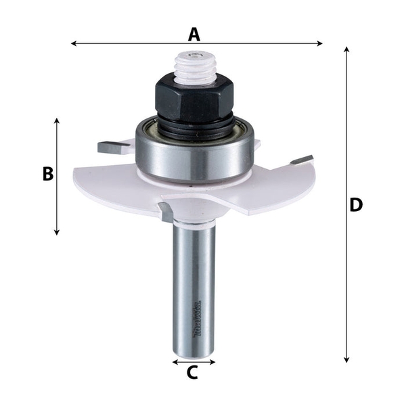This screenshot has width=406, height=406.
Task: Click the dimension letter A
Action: (195, 32)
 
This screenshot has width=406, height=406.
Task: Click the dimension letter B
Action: (47, 174)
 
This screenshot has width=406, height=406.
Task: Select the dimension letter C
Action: (192, 371)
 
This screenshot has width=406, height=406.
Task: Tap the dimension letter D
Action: (357, 204)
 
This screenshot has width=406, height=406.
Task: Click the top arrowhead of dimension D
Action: (346, 49)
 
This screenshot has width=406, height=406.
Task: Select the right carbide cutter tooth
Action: (302, 160)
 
